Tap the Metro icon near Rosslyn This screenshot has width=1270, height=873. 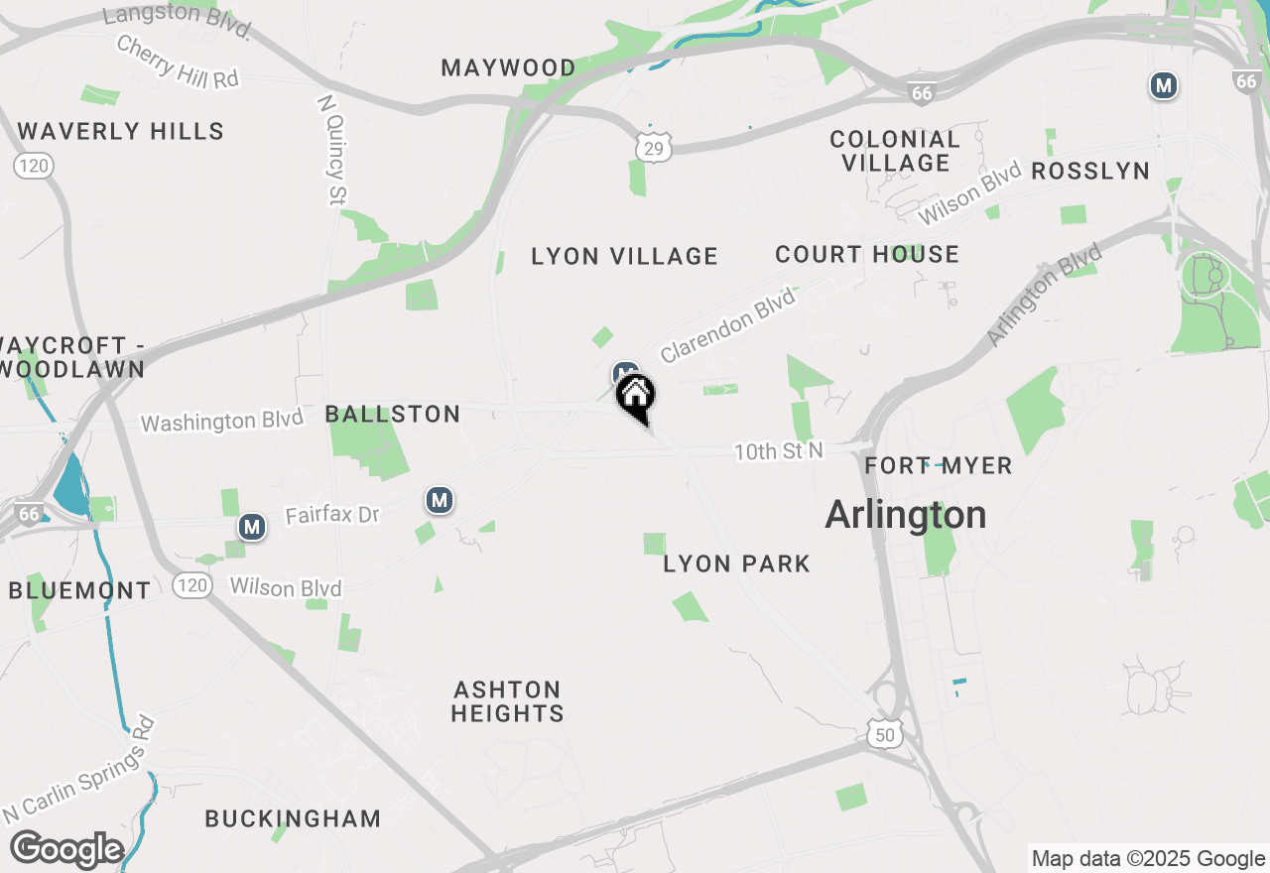1164,86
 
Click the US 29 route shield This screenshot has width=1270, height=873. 654,147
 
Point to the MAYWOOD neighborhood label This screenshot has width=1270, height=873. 508,68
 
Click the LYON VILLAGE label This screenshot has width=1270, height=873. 624,256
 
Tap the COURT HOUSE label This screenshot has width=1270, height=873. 867,254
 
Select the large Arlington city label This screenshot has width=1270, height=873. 906,515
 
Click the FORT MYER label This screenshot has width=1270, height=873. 938,465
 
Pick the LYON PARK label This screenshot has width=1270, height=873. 737,563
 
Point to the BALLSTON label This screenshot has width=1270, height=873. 393,414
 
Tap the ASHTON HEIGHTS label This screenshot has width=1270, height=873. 508,701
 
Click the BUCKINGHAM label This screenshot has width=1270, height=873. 293,818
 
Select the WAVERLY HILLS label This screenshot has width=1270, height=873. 121,131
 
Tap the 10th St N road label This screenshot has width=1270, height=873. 779,451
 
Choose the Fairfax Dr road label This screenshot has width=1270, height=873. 332,516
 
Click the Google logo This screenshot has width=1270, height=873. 66,850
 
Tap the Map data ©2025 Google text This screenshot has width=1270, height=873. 1148,859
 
